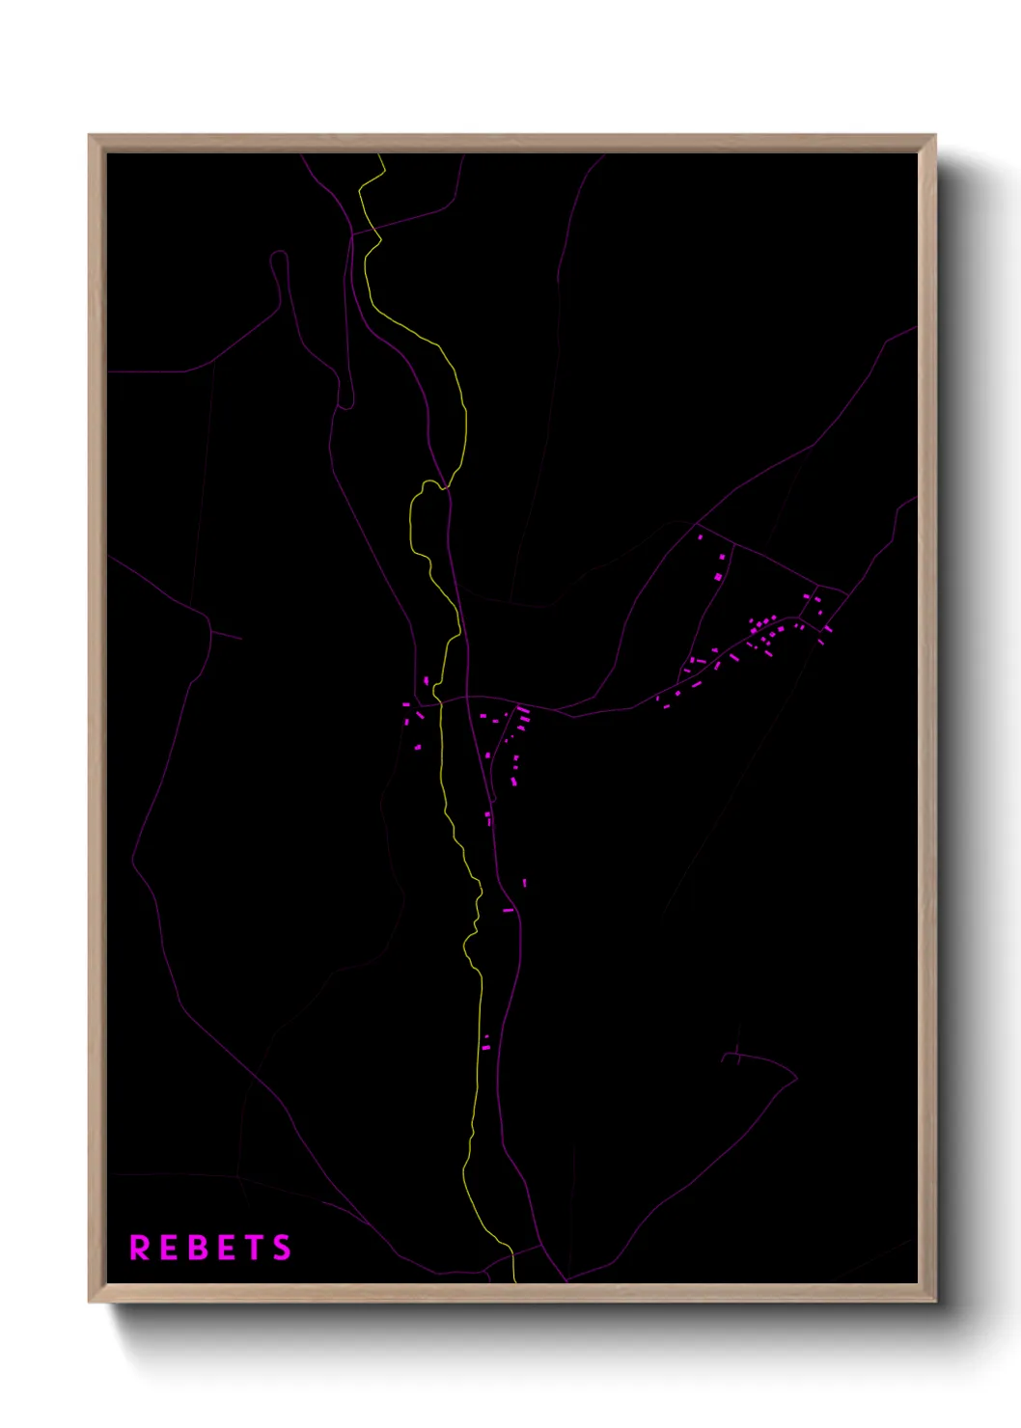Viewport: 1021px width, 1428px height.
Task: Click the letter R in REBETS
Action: coord(140,1248)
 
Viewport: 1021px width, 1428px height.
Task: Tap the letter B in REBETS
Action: coord(197,1248)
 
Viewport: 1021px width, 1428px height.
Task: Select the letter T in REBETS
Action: coord(254,1248)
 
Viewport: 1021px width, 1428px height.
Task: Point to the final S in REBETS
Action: coord(282,1248)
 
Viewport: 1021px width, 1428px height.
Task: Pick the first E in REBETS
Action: coord(169,1248)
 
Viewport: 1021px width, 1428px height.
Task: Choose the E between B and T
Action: coord(226,1248)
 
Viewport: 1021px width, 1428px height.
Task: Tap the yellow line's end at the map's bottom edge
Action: coord(515,1280)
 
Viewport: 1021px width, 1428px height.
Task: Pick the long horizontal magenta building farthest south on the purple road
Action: coord(509,910)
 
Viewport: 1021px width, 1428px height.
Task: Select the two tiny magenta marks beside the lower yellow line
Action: coord(486,1042)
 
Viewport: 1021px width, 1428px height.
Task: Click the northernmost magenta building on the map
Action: coord(701,536)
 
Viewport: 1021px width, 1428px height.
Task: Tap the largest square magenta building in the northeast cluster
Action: coord(718,577)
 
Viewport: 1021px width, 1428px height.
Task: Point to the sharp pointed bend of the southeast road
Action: coord(796,1076)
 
